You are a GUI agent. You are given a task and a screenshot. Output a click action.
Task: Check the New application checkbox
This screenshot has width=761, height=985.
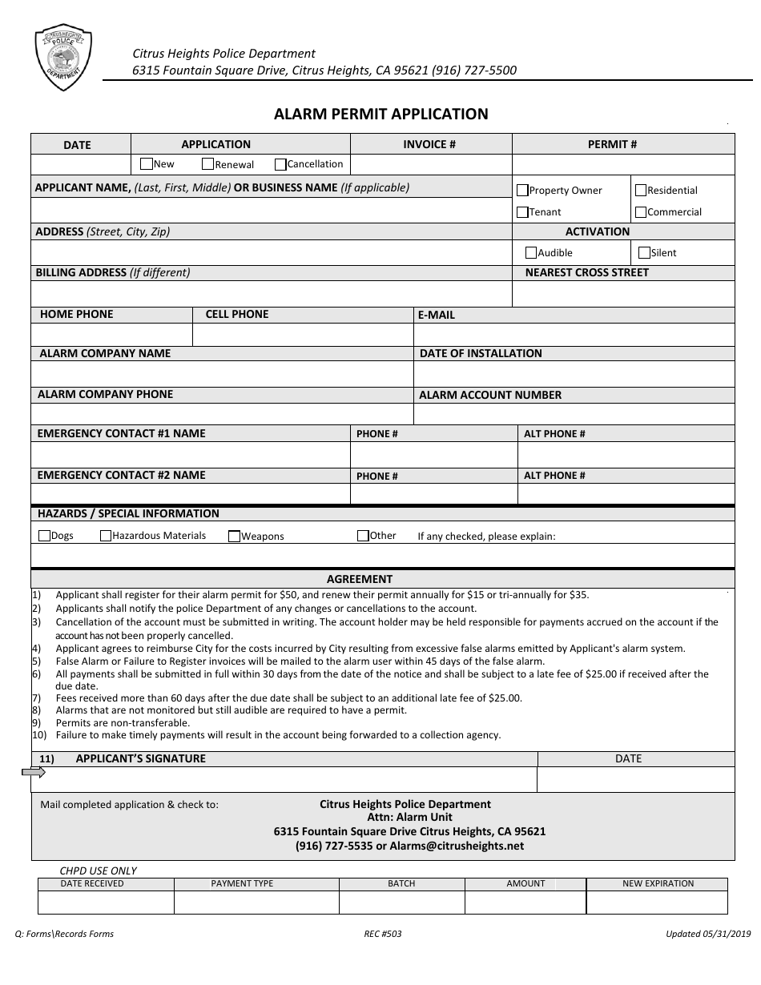146,163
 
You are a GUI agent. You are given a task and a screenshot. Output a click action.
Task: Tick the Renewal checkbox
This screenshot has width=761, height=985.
207,164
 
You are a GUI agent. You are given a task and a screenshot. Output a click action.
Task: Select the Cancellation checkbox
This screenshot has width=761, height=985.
280,164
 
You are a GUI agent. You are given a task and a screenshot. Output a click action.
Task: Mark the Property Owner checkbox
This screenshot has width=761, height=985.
522,191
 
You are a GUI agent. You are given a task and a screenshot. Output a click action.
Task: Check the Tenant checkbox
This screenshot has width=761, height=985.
522,212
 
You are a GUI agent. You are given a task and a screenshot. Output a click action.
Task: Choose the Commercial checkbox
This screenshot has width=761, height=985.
641,212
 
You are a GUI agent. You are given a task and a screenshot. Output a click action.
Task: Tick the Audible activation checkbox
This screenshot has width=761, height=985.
530,252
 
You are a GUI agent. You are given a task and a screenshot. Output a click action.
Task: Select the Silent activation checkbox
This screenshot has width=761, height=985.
644,252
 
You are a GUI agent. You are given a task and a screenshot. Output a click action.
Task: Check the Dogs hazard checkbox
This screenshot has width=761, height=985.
45,536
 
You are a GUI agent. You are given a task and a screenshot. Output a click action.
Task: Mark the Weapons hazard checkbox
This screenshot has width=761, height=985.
235,537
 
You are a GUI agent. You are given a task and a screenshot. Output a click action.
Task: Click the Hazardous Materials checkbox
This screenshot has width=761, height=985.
106,536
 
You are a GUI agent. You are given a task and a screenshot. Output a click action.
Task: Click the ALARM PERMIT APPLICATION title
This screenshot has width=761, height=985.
380,114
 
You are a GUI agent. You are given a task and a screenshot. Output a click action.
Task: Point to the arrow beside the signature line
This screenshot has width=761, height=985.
34,772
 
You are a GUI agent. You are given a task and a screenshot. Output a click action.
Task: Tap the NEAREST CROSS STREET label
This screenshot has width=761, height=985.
586,272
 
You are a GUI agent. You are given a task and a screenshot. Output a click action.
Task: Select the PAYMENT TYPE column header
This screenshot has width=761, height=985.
242,883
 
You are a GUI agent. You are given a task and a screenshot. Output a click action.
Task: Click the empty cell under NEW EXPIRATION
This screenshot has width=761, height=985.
657,902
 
